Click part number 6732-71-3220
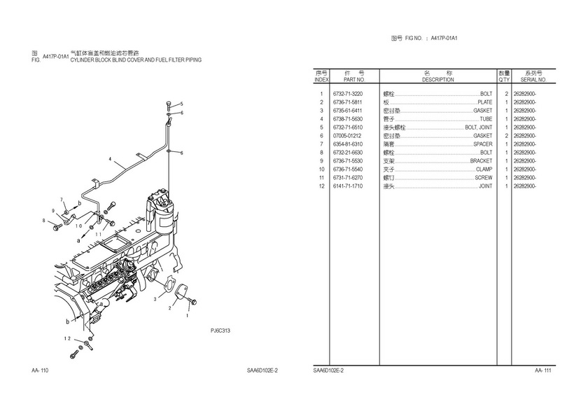(x=348, y=94)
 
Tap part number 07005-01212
(x=348, y=136)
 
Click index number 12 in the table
(x=321, y=186)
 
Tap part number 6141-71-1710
(x=348, y=186)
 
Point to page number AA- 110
(x=40, y=370)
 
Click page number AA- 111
(x=543, y=370)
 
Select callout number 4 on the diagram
(x=110, y=160)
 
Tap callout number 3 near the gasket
(x=155, y=299)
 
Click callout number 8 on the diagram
(x=43, y=221)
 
